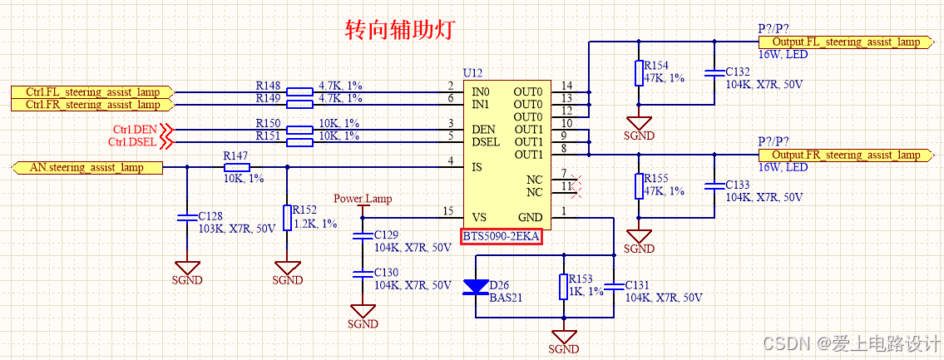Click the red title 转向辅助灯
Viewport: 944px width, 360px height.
coord(398,30)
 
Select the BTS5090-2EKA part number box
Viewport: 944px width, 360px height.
coord(501,237)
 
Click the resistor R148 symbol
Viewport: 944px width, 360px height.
coord(299,91)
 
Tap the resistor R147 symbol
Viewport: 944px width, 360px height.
coord(237,167)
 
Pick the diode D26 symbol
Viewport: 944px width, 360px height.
coord(476,287)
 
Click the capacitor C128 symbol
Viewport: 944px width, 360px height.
coord(186,218)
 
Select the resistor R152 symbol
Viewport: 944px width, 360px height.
coord(287,218)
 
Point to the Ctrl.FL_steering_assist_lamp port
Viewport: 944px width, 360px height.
coord(91,91)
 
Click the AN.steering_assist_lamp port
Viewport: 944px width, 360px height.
coord(86,167)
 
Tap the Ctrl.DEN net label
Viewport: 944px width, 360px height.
coord(134,130)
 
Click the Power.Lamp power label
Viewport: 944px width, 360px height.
coord(362,199)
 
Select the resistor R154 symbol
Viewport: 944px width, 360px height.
coord(639,73)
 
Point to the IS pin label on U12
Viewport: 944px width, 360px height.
coord(476,167)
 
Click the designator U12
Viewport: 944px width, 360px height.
coord(472,74)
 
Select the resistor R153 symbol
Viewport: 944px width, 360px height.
coord(564,287)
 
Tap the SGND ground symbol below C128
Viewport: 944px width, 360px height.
coord(186,269)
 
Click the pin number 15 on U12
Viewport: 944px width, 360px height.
coord(447,211)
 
